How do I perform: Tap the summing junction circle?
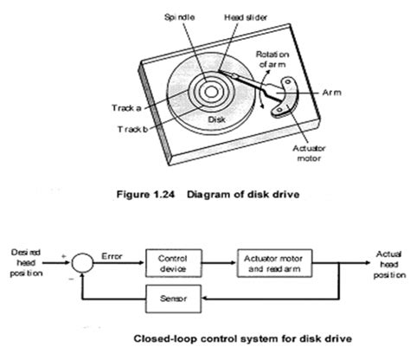pyautogui.click(x=82, y=258)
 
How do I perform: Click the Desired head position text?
pyautogui.click(x=29, y=258)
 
